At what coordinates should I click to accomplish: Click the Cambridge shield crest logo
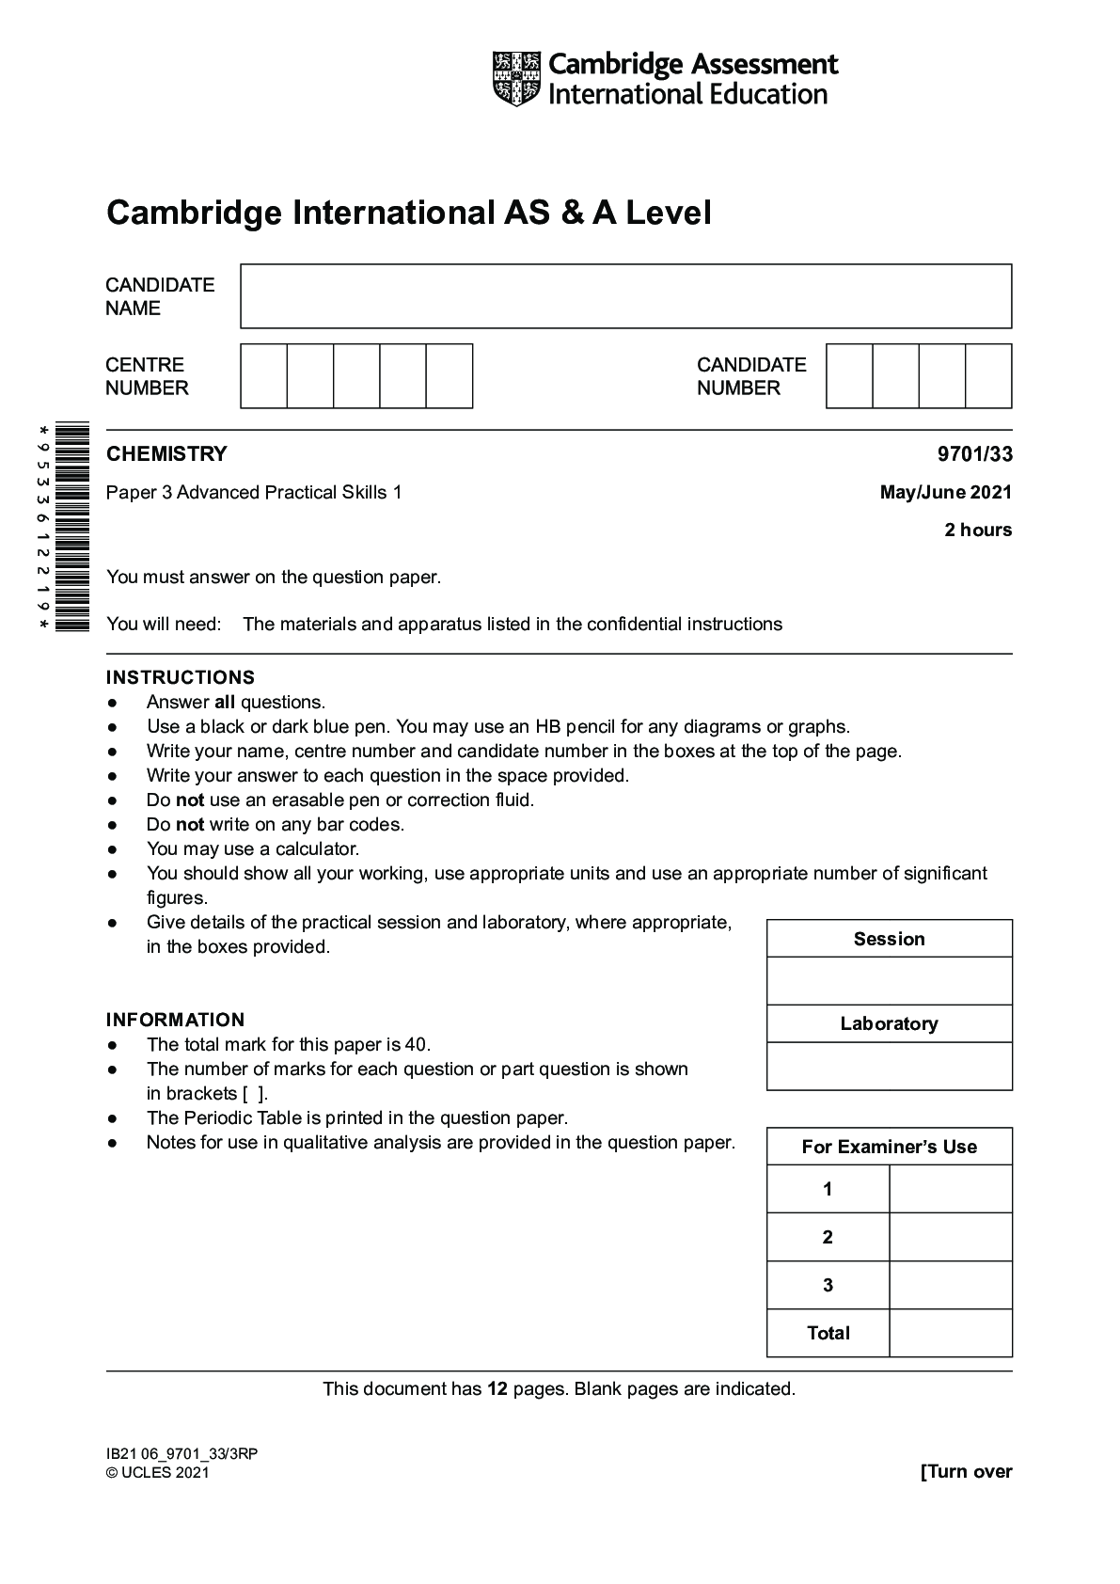(516, 79)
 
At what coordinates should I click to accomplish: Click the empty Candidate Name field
(625, 296)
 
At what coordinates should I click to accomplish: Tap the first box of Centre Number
(263, 376)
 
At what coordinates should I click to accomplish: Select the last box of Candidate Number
(988, 376)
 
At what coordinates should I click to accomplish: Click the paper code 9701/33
(974, 454)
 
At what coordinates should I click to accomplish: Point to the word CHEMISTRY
(166, 454)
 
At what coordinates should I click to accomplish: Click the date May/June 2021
(945, 492)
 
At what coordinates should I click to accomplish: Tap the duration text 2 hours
(978, 530)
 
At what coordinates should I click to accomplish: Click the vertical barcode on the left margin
(72, 527)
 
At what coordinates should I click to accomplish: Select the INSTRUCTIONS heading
(181, 677)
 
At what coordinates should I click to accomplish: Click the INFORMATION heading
(175, 1020)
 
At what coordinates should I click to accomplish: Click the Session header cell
(889, 939)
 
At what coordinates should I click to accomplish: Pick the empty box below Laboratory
(889, 1066)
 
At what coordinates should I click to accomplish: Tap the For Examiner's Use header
(889, 1147)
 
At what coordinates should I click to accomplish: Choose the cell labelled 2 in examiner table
(828, 1237)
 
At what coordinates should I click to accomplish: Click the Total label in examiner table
(828, 1333)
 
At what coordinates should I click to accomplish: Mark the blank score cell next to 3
(950, 1285)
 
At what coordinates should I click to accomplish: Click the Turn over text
(966, 1472)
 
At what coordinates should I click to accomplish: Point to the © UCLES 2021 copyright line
(158, 1473)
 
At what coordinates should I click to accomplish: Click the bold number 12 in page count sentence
(497, 1388)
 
